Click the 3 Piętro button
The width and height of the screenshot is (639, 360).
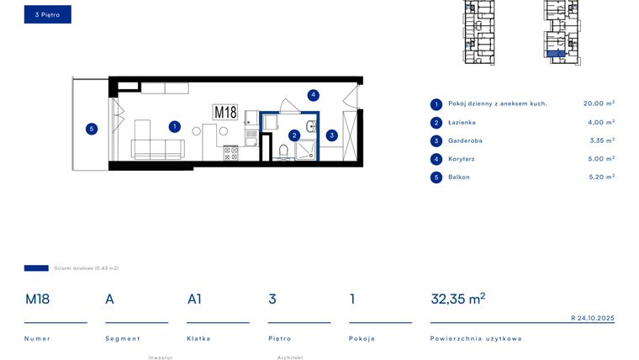click(47, 14)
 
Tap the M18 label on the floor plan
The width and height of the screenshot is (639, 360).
click(225, 113)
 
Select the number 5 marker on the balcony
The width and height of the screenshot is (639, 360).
click(92, 129)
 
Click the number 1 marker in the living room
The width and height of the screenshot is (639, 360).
click(174, 127)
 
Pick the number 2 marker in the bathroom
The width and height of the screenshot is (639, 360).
click(294, 135)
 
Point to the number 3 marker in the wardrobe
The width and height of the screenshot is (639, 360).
click(332, 135)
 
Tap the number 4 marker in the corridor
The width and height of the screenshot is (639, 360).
click(313, 95)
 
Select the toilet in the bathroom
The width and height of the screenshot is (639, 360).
click(283, 151)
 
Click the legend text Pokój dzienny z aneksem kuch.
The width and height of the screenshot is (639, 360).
click(498, 103)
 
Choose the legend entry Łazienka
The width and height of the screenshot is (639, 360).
click(462, 122)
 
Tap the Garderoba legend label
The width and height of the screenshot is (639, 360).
click(466, 140)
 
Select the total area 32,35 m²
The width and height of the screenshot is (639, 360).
click(457, 299)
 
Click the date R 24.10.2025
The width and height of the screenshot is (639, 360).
click(593, 319)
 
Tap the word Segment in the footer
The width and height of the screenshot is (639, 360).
click(123, 338)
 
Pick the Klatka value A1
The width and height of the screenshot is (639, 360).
click(195, 299)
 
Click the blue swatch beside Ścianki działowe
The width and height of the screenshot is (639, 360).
click(36, 268)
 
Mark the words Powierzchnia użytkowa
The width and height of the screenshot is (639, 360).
click(476, 338)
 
